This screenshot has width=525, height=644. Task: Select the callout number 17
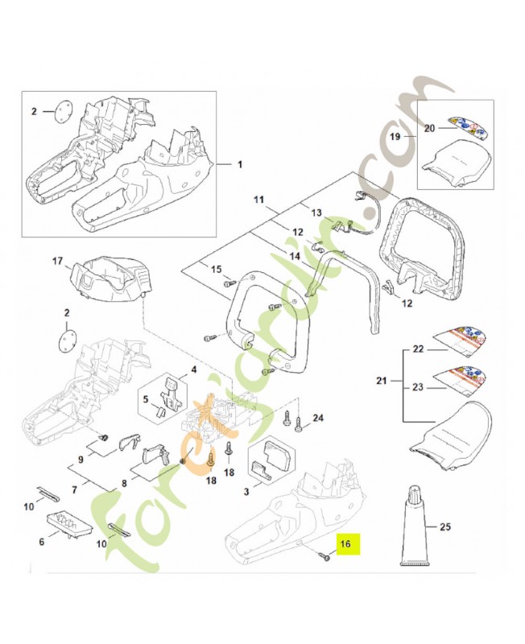click(57, 260)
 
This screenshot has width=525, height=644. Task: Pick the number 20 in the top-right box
click(429, 127)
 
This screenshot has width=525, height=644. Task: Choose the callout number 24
click(317, 418)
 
